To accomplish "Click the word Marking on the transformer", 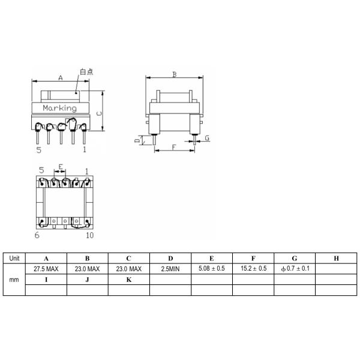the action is click(x=59, y=108).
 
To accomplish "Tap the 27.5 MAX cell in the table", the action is click(x=46, y=269).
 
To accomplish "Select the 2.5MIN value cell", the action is click(x=170, y=269).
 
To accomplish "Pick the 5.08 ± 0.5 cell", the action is click(x=211, y=268).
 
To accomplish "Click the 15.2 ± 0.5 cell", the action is click(x=253, y=268).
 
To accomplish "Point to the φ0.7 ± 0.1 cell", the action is click(x=295, y=268).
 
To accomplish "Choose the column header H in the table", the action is click(x=336, y=259).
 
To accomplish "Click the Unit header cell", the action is click(x=14, y=258).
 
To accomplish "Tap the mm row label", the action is click(x=14, y=280).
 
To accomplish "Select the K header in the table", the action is click(x=129, y=280).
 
